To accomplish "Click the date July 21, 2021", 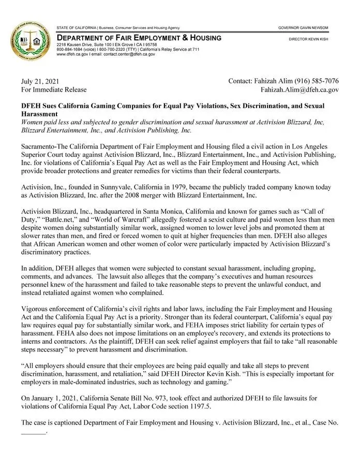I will click(x=40, y=81).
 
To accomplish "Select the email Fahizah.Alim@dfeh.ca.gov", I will click(x=299, y=90).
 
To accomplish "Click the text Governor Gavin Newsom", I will click(x=303, y=27).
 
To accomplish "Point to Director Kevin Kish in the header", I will click(x=308, y=39).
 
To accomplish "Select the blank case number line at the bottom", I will click(x=33, y=430).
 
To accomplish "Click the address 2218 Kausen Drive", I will click(x=76, y=45).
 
